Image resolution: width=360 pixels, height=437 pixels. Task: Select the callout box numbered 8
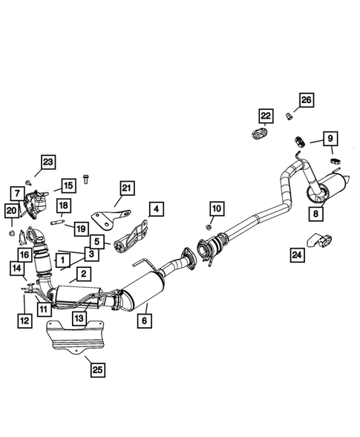point(317,214)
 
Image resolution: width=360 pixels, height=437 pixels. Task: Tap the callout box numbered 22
point(265,115)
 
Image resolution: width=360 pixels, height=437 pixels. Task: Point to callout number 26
point(307,100)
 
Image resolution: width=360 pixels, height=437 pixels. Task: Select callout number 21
point(125,187)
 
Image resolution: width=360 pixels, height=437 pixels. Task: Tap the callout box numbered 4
point(156,208)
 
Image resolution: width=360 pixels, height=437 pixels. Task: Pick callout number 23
point(48,162)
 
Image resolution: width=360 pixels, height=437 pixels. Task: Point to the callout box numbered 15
point(68,185)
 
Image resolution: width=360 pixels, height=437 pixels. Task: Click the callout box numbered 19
point(81,227)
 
